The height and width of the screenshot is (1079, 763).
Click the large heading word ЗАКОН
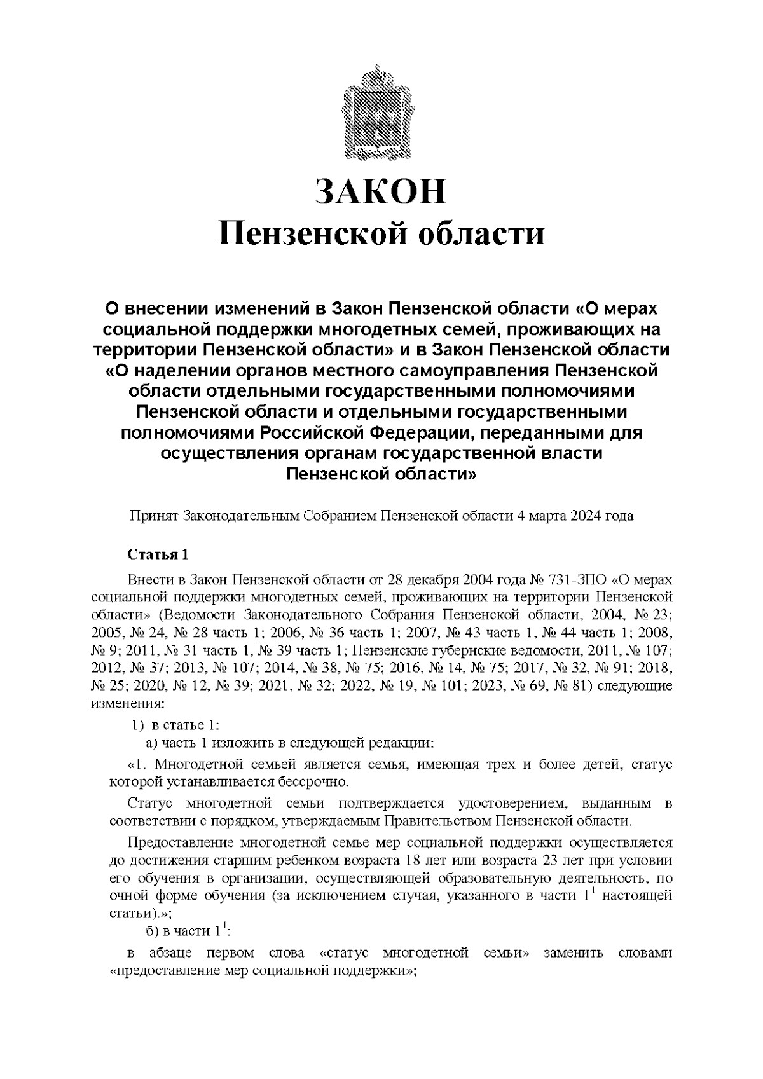click(x=381, y=191)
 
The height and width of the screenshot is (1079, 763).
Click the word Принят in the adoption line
click(x=154, y=516)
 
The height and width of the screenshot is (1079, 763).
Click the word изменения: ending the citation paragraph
click(x=128, y=704)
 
